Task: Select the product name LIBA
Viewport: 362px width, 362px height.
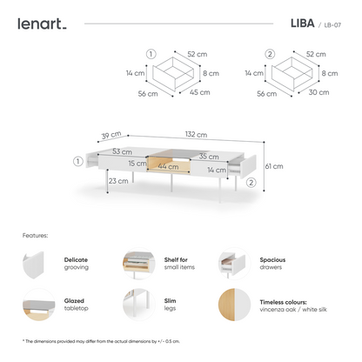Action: click(x=292, y=23)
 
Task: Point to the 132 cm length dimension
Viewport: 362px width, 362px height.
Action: click(x=195, y=134)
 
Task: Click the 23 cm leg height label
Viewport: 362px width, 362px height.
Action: click(x=119, y=181)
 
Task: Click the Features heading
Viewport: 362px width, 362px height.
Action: click(x=36, y=235)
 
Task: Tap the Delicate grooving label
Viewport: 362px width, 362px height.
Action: click(x=77, y=264)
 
